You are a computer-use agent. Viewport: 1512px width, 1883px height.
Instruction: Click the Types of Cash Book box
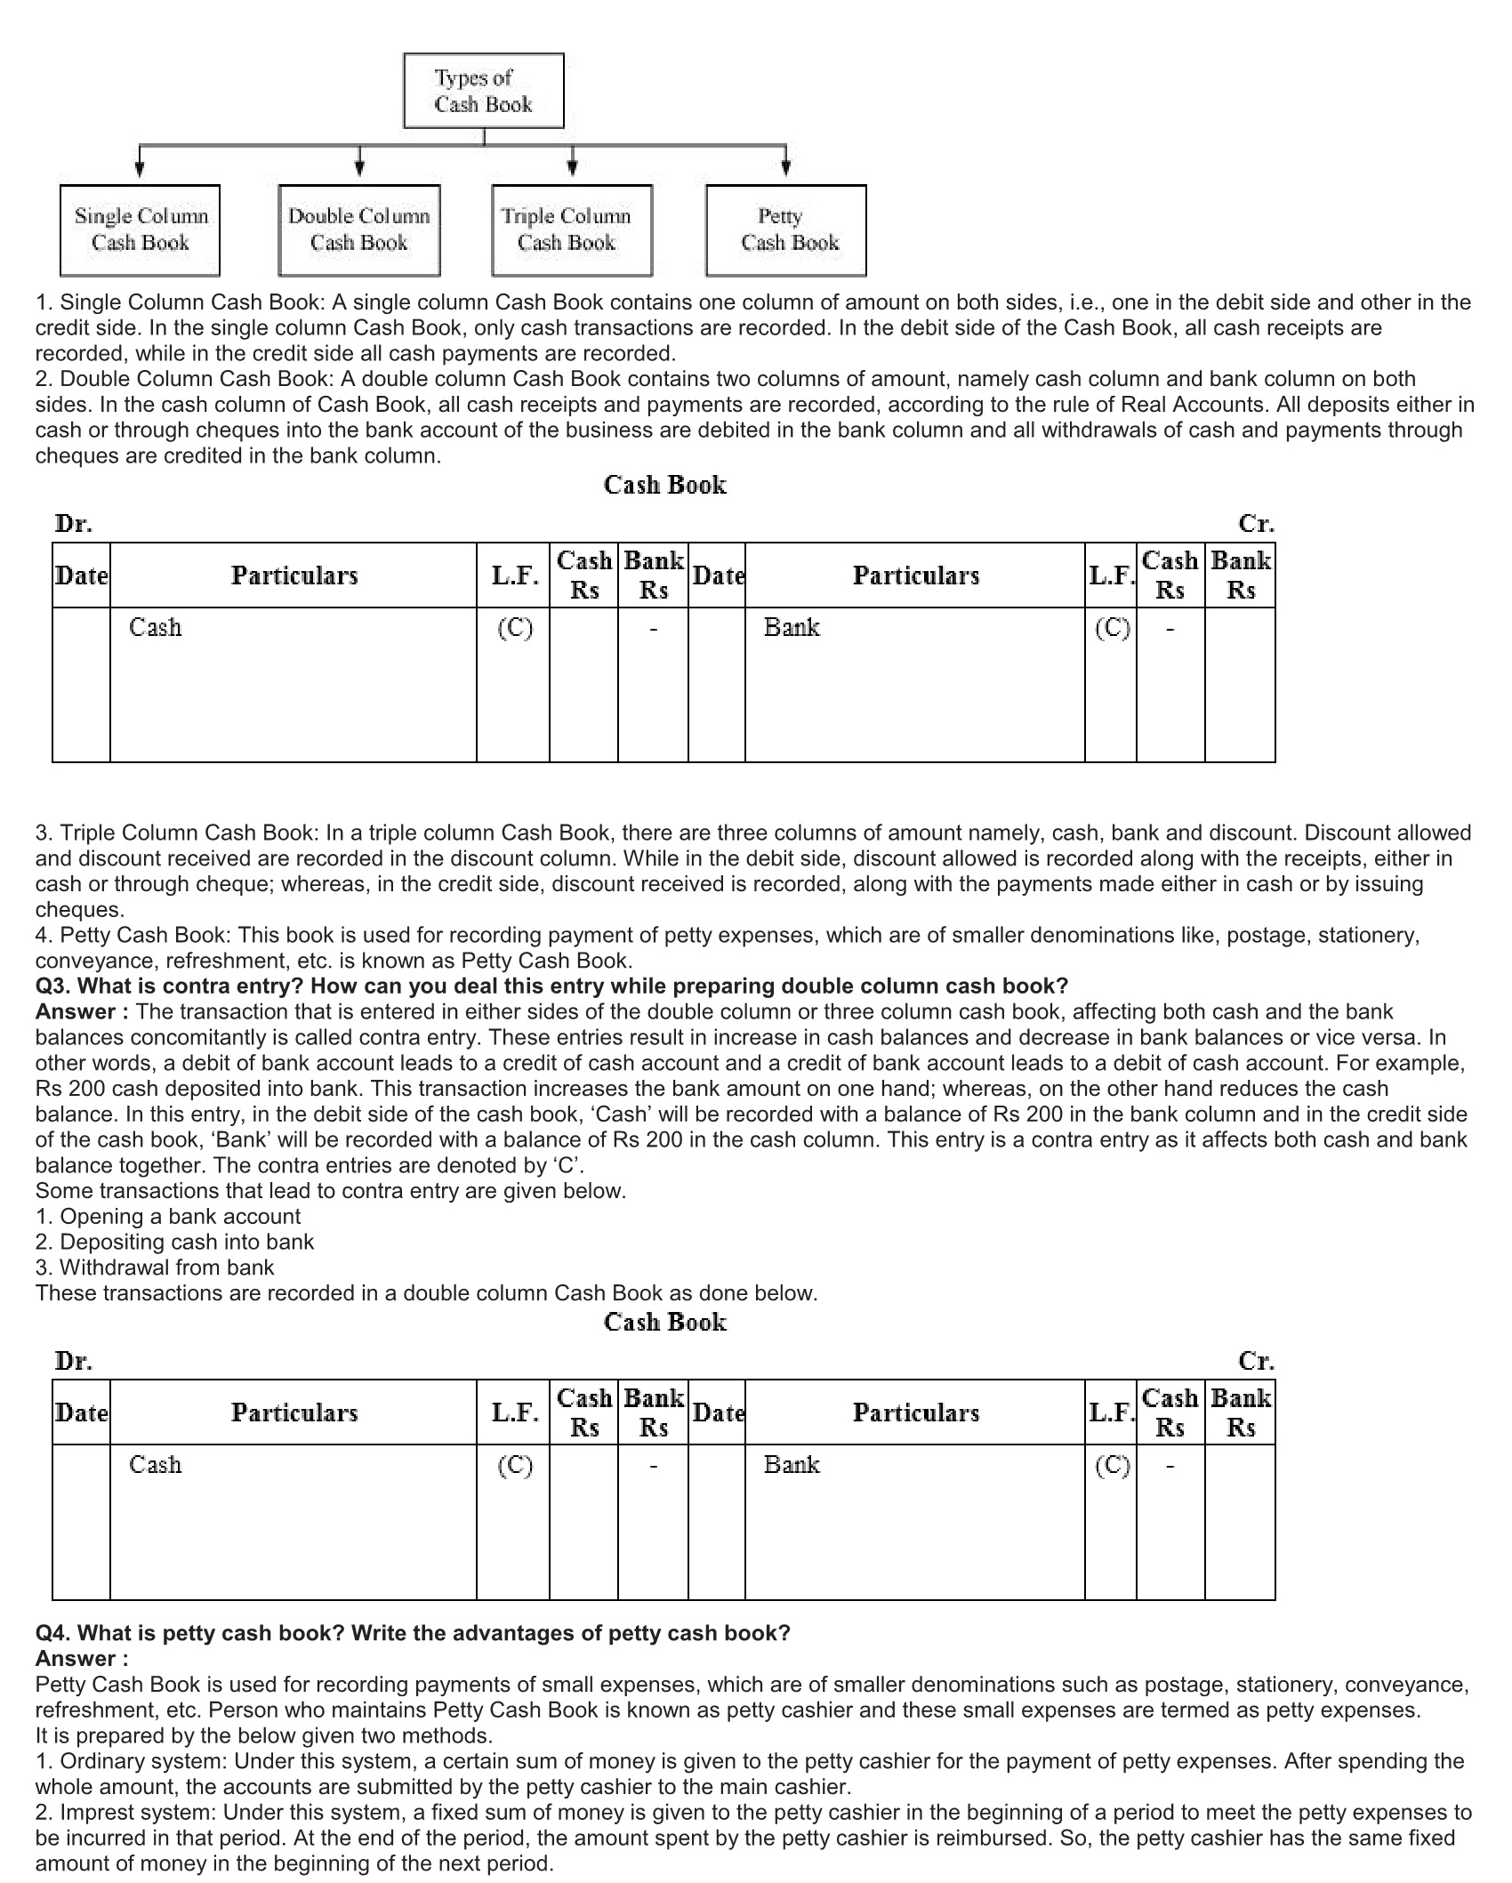(x=483, y=91)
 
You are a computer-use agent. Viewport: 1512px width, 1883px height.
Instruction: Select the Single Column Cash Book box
(x=140, y=229)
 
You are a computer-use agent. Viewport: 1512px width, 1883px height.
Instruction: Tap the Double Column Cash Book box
(x=358, y=229)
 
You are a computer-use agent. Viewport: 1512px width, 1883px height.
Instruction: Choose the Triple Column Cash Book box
(x=571, y=229)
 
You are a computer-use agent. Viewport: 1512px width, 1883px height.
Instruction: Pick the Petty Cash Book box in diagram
(x=785, y=229)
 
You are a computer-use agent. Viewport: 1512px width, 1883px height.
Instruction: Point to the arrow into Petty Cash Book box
(x=785, y=165)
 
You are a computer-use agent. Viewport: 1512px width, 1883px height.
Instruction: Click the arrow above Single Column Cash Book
(x=140, y=165)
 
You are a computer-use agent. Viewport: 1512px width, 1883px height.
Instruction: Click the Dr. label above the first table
(x=73, y=524)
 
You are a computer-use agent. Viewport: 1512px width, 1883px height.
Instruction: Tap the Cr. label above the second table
(x=1256, y=1361)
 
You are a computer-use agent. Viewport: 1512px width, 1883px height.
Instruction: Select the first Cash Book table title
(x=664, y=485)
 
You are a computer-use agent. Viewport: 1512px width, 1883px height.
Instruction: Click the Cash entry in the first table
(x=155, y=628)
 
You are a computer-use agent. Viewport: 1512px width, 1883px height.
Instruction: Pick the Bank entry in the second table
(x=792, y=1465)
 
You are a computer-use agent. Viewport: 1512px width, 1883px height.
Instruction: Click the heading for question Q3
(x=551, y=986)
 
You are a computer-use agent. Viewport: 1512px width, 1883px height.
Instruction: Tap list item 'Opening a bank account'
(x=168, y=1217)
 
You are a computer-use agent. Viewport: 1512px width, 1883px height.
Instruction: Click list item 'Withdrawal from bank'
(x=155, y=1267)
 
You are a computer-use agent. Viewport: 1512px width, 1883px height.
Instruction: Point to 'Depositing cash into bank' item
(x=174, y=1242)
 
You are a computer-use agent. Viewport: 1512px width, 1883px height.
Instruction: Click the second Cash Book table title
(x=664, y=1322)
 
